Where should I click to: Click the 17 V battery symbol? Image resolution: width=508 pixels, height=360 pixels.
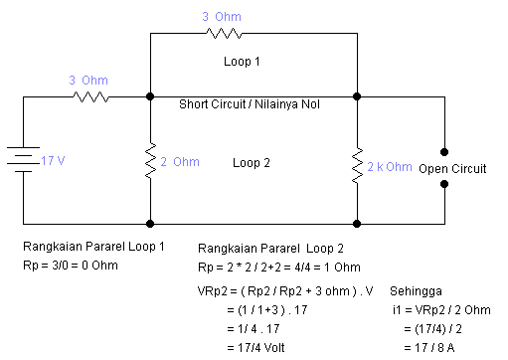pyautogui.click(x=22, y=160)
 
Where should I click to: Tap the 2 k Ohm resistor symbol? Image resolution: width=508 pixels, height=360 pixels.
pyautogui.click(x=356, y=166)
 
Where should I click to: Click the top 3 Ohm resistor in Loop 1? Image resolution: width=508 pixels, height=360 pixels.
pyautogui.click(x=225, y=34)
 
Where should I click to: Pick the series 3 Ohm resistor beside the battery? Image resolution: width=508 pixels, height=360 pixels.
pyautogui.click(x=91, y=96)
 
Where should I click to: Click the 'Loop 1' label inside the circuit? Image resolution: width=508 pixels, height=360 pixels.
pyautogui.click(x=243, y=61)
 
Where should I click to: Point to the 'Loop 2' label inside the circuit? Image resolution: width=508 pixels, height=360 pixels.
pyautogui.click(x=253, y=162)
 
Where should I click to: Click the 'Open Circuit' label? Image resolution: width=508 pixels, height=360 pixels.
pyautogui.click(x=452, y=169)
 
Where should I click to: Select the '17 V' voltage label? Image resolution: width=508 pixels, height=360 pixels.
pyautogui.click(x=54, y=160)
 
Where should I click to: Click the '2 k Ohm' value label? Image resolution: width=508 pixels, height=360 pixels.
pyautogui.click(x=391, y=166)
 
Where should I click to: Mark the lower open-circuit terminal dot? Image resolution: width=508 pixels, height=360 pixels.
pyautogui.click(x=444, y=188)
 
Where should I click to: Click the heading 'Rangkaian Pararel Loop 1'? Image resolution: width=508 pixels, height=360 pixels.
pyautogui.click(x=93, y=246)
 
